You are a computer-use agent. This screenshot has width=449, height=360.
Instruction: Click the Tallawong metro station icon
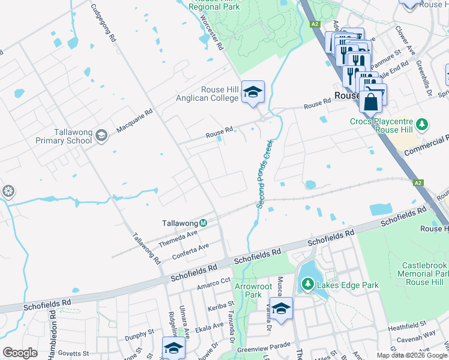[203, 223]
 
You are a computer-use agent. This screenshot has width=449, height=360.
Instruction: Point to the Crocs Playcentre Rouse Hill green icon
[423, 125]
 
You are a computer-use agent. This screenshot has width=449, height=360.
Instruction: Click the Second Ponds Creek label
[265, 174]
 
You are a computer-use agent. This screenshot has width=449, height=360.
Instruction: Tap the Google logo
[20, 353]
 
